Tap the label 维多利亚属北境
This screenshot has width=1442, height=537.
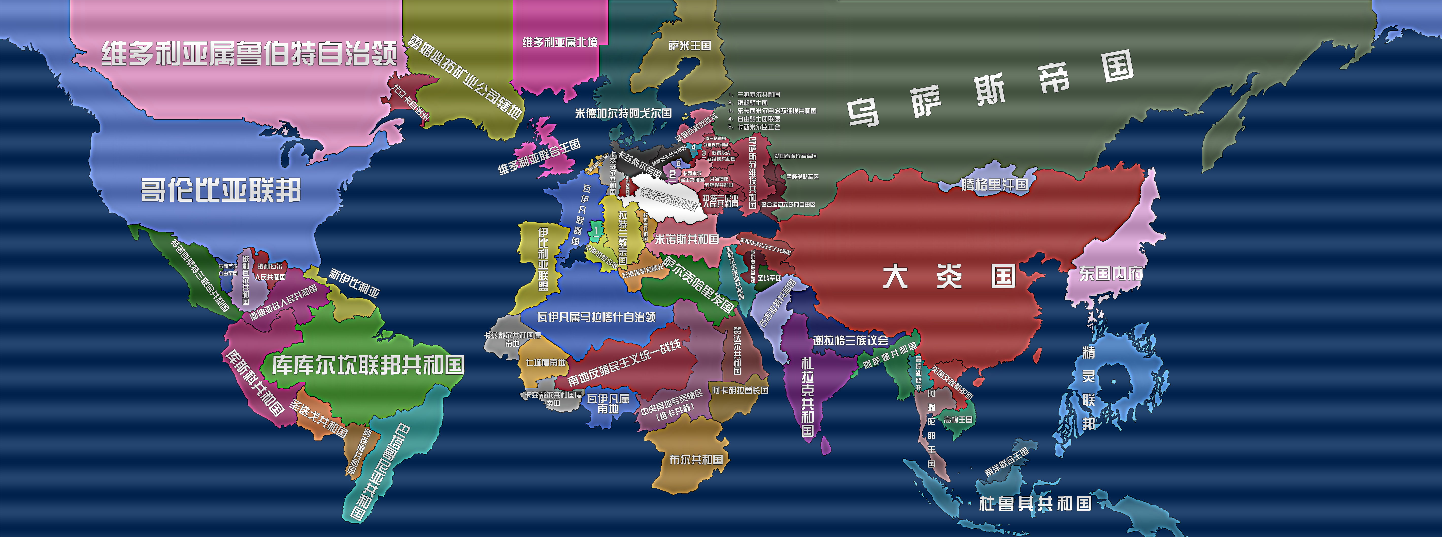point(560,42)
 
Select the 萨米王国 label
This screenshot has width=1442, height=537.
point(690,45)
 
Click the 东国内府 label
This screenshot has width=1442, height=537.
point(1111,274)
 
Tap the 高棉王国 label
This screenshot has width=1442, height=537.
point(958,419)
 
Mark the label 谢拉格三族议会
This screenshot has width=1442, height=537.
point(850,340)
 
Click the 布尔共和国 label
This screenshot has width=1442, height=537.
point(696,459)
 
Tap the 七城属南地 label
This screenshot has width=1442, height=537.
point(546,362)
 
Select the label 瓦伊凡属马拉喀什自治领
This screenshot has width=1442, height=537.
point(596,317)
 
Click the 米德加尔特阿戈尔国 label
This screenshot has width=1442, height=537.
point(623,113)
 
